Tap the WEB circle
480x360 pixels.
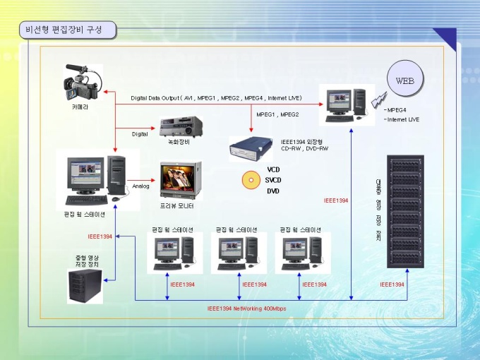[x=404, y=80]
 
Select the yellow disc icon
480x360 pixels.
[x=251, y=180]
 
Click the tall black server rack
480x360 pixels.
[x=408, y=210]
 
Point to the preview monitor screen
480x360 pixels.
[x=179, y=179]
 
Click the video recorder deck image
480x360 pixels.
[x=181, y=127]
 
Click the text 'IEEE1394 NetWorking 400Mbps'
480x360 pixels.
[x=246, y=308]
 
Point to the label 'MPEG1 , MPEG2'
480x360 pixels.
[x=277, y=114]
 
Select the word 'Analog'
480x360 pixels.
[x=140, y=186]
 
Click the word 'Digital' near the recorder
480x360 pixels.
[x=140, y=133]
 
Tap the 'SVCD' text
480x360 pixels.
[x=273, y=181]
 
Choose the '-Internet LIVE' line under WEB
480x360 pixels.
[x=402, y=119]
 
